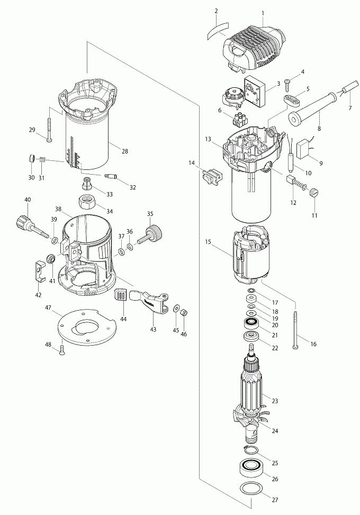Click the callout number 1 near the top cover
click(263, 13)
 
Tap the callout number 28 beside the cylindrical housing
click(124, 151)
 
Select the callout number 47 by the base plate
click(48, 308)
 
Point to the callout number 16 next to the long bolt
click(313, 344)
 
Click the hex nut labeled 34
click(87, 202)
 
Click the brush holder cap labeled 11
click(314, 193)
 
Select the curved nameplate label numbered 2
click(216, 31)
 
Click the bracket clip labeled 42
click(40, 270)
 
